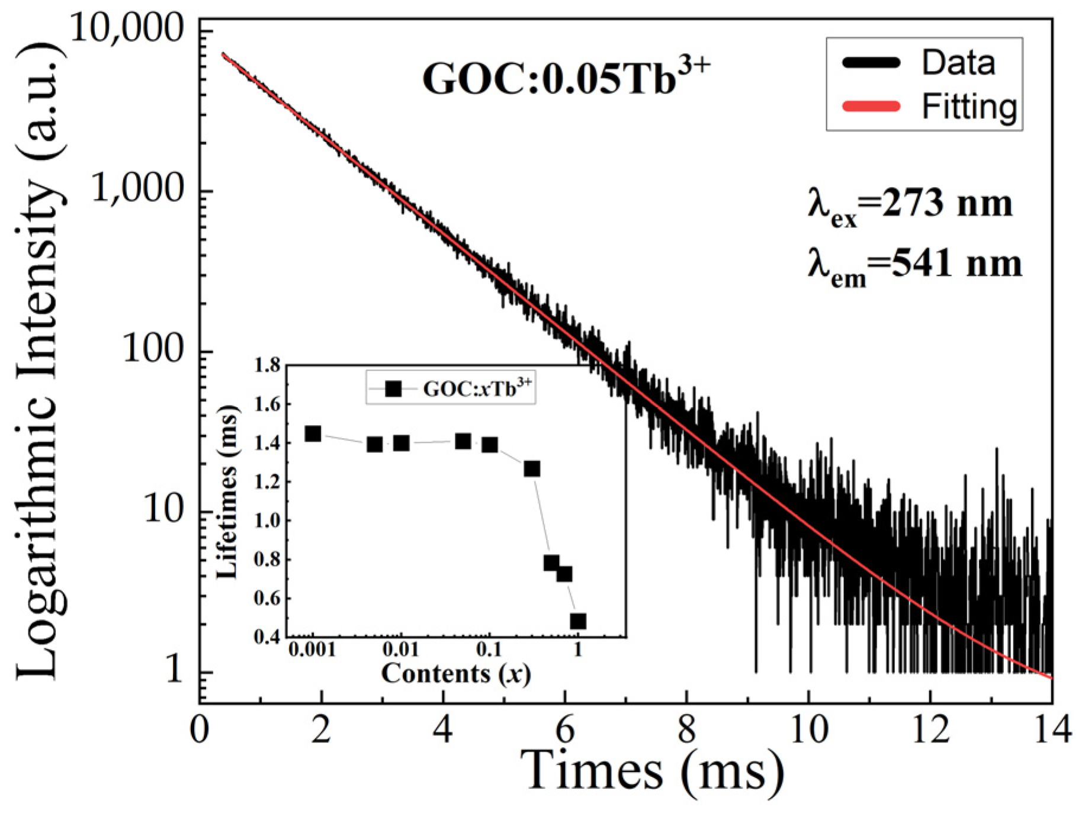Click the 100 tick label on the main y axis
tap(153, 350)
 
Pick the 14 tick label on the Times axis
tap(1052, 730)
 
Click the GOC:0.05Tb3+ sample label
tap(566, 78)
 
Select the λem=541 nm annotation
tap(914, 265)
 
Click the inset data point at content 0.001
tap(313, 434)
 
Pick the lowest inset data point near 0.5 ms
tap(578, 621)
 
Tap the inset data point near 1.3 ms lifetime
tap(532, 469)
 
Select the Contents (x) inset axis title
tap(455, 674)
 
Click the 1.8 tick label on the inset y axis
tap(267, 366)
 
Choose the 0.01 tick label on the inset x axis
tap(401, 650)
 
